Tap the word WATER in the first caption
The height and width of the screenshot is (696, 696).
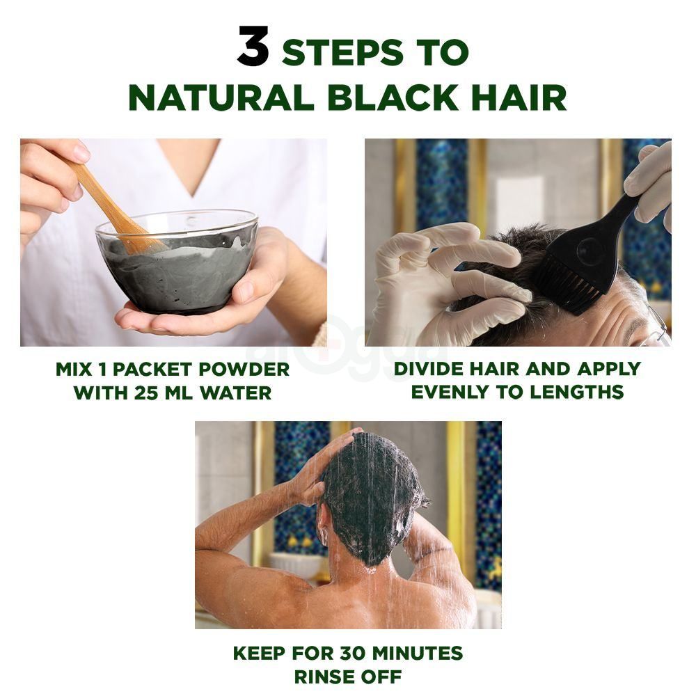[235, 393]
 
